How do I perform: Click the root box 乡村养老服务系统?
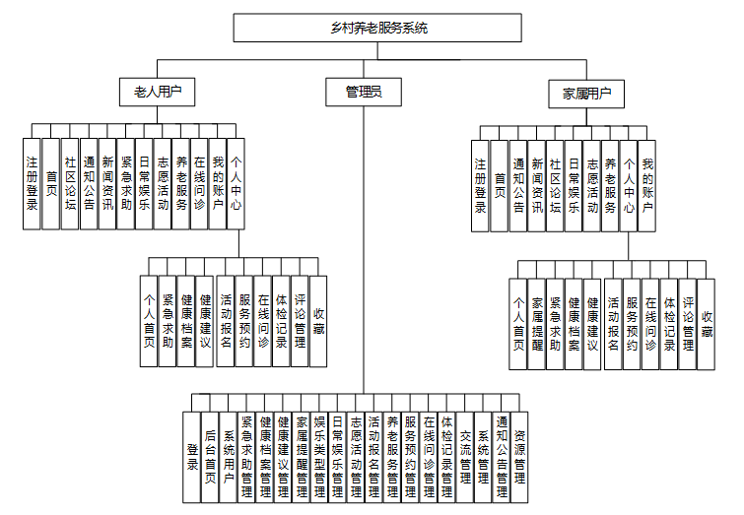(x=377, y=28)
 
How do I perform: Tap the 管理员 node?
(x=364, y=92)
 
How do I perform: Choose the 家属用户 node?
(x=587, y=95)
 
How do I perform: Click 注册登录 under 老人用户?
(x=33, y=183)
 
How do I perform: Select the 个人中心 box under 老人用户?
(x=236, y=183)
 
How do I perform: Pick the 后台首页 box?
(x=210, y=455)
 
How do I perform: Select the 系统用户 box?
(x=229, y=455)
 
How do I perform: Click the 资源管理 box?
(x=519, y=455)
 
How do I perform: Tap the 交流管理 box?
(x=464, y=455)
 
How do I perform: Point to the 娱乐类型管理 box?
(x=319, y=455)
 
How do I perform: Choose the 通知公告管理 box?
(x=502, y=455)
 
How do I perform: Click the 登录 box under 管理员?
(x=192, y=455)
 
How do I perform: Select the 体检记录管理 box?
(x=446, y=455)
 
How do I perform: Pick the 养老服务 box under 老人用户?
(x=181, y=183)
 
